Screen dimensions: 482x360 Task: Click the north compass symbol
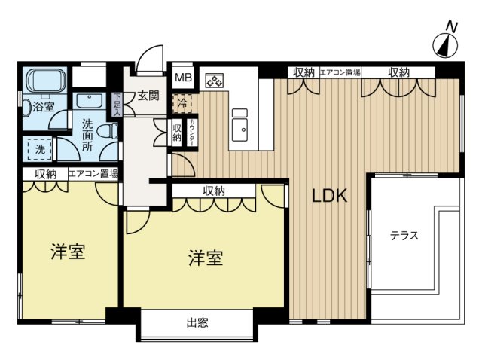point(445,46)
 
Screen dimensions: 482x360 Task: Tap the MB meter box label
point(184,78)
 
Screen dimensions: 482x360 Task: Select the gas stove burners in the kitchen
point(214,81)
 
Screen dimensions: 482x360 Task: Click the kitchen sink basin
point(239,130)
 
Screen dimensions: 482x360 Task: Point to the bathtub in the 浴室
point(46,81)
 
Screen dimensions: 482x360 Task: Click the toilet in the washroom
point(108,131)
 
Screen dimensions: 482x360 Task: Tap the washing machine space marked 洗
point(40,149)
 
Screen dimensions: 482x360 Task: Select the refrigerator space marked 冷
point(182,103)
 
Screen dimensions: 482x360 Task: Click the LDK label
point(330,196)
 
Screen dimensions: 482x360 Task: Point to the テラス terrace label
point(404,236)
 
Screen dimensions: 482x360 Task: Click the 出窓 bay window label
point(197,323)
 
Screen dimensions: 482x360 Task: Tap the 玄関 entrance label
point(148,96)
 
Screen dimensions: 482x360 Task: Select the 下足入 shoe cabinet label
point(117,105)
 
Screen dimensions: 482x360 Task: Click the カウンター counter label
point(192,133)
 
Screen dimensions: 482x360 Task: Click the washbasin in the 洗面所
point(89,100)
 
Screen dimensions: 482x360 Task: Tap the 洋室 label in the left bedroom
point(68,252)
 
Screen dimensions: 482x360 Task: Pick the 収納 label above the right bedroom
point(214,191)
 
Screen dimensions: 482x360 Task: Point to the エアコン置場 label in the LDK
point(340,72)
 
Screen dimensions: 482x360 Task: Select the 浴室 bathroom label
point(44,107)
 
